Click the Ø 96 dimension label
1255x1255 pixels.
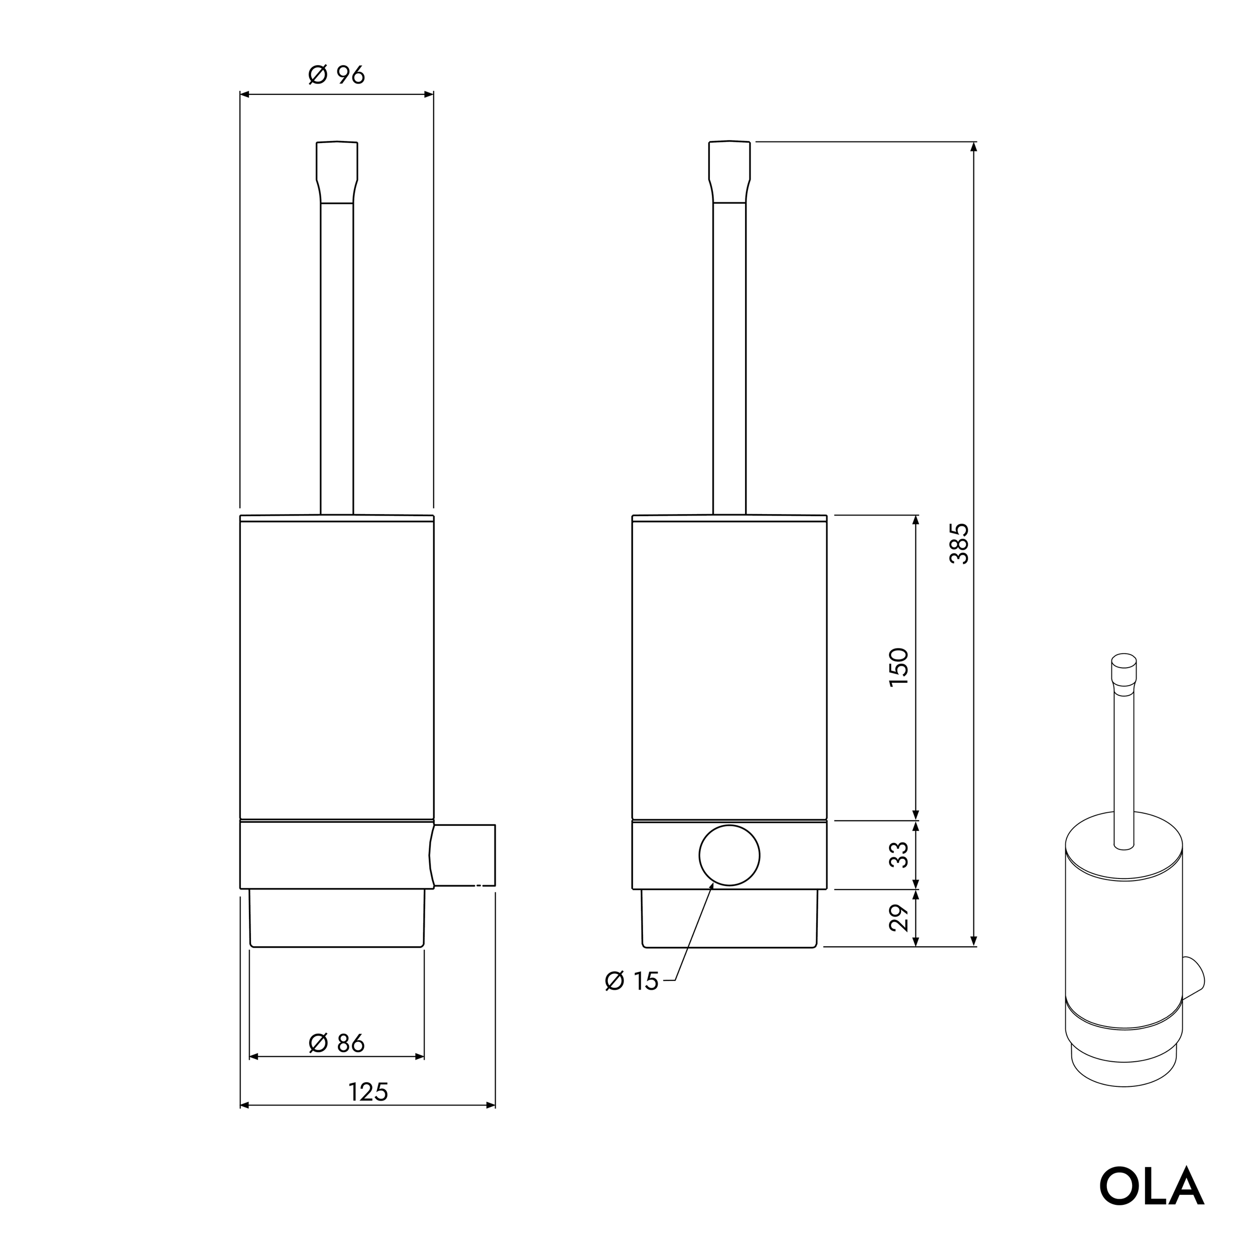[336, 75]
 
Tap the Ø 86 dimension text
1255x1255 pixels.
[336, 1044]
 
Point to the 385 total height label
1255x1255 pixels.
[959, 543]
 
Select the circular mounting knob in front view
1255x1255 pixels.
[729, 855]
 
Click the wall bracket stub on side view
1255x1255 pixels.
[464, 855]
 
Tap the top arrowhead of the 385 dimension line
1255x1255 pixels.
[973, 147]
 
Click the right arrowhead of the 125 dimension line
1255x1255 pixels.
[490, 1105]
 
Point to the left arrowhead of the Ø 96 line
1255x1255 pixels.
[245, 95]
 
